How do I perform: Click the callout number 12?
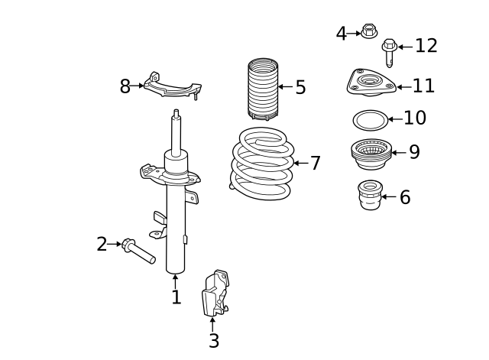click(x=426, y=46)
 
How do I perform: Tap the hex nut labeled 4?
click(x=369, y=31)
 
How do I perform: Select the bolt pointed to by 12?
click(x=389, y=53)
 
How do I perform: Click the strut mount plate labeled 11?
click(x=371, y=83)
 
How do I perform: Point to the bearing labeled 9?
click(x=371, y=154)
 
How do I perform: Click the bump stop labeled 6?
click(x=370, y=195)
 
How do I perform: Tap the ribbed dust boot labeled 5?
click(x=263, y=89)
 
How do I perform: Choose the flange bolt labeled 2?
click(x=138, y=251)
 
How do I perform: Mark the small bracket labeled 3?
click(x=215, y=294)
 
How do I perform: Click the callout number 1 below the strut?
click(x=176, y=297)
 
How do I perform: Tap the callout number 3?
click(x=214, y=340)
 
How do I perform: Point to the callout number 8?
click(x=125, y=86)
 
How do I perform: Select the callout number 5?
click(x=300, y=87)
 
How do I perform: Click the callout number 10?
click(x=415, y=118)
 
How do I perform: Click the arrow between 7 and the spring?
click(x=301, y=163)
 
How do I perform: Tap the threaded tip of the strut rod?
click(x=176, y=113)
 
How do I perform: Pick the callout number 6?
click(x=405, y=197)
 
